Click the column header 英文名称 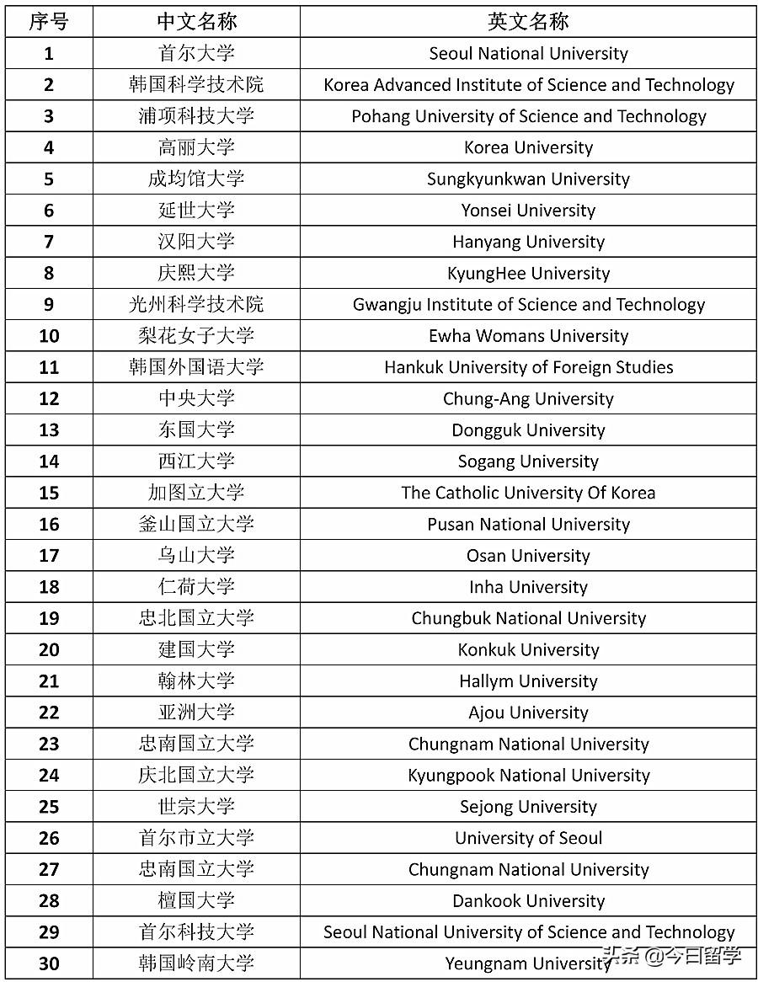(x=528, y=22)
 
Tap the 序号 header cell (x=49, y=22)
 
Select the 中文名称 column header (x=196, y=22)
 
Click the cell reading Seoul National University (x=528, y=54)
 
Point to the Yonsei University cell (x=528, y=211)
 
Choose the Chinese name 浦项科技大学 (x=196, y=116)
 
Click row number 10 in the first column (x=49, y=336)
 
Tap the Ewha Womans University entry (x=528, y=336)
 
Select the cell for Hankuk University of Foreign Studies (x=528, y=367)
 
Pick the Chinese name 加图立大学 (x=196, y=493)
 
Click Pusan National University (x=528, y=524)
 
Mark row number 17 (x=49, y=556)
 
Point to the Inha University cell (x=528, y=587)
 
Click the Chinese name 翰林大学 (x=196, y=681)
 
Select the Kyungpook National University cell (x=528, y=776)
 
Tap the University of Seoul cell (x=528, y=838)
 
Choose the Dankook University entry (x=528, y=901)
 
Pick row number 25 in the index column (x=49, y=807)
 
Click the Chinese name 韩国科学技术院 (x=196, y=85)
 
